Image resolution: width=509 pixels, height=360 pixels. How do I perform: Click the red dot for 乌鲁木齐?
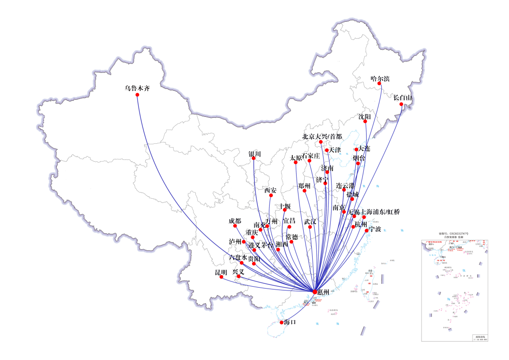pos(138,95)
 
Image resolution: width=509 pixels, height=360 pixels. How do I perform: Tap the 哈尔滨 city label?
pos(380,79)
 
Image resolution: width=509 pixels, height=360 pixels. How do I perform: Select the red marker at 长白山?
pos(401,105)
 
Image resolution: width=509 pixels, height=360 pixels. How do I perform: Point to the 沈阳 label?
pos(364,116)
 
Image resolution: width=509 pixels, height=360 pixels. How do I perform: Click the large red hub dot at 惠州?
pos(315,291)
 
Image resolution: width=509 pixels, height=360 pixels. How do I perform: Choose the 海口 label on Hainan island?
pos(290,322)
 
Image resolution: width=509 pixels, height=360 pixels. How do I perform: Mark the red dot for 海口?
pos(281,323)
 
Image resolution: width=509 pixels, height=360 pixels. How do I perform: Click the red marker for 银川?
pos(254,158)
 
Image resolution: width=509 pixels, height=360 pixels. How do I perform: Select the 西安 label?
pos(271,190)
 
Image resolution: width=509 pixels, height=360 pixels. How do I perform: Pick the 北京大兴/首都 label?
pos(322,137)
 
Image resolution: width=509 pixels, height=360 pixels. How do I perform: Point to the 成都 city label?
pos(235,221)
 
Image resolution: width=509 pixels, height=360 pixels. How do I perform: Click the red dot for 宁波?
pos(367,230)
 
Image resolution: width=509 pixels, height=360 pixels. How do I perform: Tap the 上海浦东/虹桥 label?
pos(380,212)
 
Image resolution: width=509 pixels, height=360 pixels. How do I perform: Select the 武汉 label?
pos(310,221)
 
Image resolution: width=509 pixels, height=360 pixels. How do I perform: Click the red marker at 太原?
pos(296,163)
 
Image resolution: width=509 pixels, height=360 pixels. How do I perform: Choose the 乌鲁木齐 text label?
pos(137,88)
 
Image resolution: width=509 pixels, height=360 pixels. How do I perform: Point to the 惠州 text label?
pos(324,292)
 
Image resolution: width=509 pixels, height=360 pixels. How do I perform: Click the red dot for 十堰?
pos(285,210)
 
